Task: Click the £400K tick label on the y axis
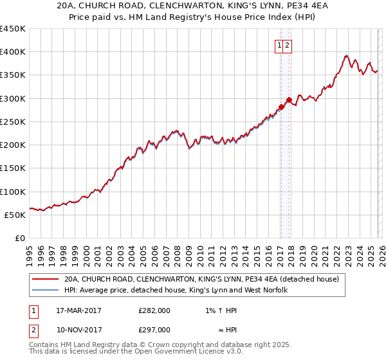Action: (13, 52)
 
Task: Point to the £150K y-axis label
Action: (13, 168)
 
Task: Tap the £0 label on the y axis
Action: (20, 239)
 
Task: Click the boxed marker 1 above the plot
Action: (280, 45)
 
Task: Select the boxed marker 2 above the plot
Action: (288, 45)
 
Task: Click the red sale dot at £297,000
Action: (289, 100)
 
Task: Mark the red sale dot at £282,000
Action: (281, 107)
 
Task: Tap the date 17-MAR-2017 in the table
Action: (78, 310)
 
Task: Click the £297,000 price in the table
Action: (154, 330)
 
